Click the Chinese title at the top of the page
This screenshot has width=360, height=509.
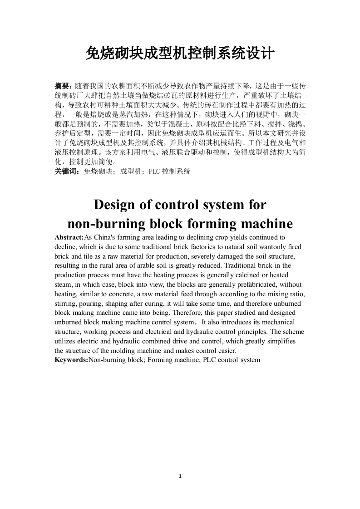tap(180, 54)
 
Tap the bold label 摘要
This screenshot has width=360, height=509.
tap(62, 86)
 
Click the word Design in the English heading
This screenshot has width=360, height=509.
tap(114, 205)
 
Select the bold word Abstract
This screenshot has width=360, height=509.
tap(69, 237)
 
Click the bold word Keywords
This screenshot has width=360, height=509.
tap(70, 360)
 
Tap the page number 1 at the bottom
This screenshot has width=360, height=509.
tap(180, 476)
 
